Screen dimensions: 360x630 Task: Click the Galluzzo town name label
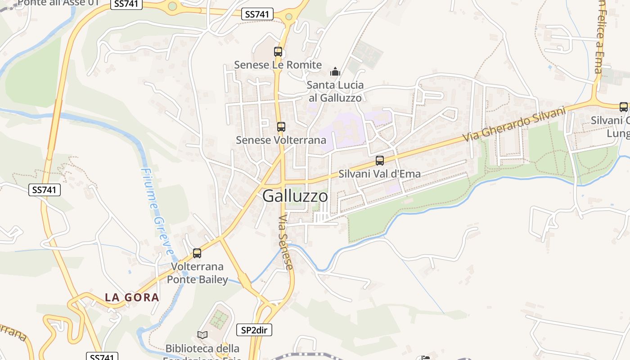pyautogui.click(x=295, y=196)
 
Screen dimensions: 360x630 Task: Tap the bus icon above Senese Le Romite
pyautogui.click(x=278, y=52)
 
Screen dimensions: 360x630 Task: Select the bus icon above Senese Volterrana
pyautogui.click(x=281, y=127)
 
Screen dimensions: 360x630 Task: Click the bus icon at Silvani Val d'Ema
pyautogui.click(x=380, y=161)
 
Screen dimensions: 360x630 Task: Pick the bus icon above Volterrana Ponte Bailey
pyautogui.click(x=197, y=253)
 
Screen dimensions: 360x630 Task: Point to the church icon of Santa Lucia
pyautogui.click(x=335, y=72)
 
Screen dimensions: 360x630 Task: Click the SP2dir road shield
pyautogui.click(x=254, y=330)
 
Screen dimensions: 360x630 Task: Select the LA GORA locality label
pyautogui.click(x=132, y=297)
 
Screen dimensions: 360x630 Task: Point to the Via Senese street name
pyautogui.click(x=285, y=242)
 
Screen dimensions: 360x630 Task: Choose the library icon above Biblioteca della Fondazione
pyautogui.click(x=202, y=335)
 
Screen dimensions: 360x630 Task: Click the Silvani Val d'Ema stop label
pyautogui.click(x=380, y=174)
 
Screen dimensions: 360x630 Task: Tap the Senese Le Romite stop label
pyautogui.click(x=278, y=65)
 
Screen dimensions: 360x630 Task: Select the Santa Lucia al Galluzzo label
pyautogui.click(x=335, y=91)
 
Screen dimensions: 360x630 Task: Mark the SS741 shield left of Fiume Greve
pyautogui.click(x=45, y=190)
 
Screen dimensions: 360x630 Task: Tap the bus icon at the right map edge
pyautogui.click(x=624, y=107)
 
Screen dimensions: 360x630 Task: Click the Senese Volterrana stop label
pyautogui.click(x=281, y=140)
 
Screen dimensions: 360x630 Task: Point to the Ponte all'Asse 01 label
pyautogui.click(x=58, y=3)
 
